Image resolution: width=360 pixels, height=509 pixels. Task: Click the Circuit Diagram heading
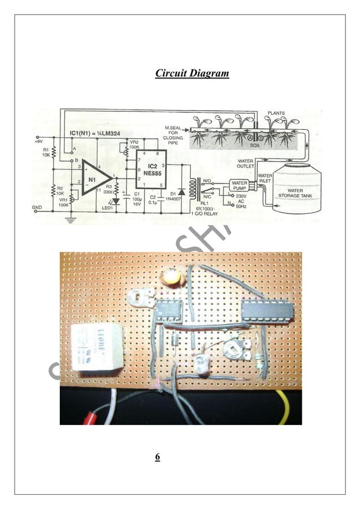pos(192,73)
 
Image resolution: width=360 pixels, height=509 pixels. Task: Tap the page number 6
pos(157,457)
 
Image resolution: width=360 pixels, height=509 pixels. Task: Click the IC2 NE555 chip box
pos(151,169)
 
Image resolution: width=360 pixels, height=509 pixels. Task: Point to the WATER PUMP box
pos(239,186)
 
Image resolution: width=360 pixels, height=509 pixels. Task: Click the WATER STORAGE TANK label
pos(295,194)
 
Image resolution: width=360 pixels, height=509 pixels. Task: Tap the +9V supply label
pos(39,138)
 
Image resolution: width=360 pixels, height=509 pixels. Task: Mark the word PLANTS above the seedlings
pos(276,113)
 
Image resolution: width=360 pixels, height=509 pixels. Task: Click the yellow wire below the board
pos(283,406)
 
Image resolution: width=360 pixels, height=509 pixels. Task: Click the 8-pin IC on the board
pos(167,309)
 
